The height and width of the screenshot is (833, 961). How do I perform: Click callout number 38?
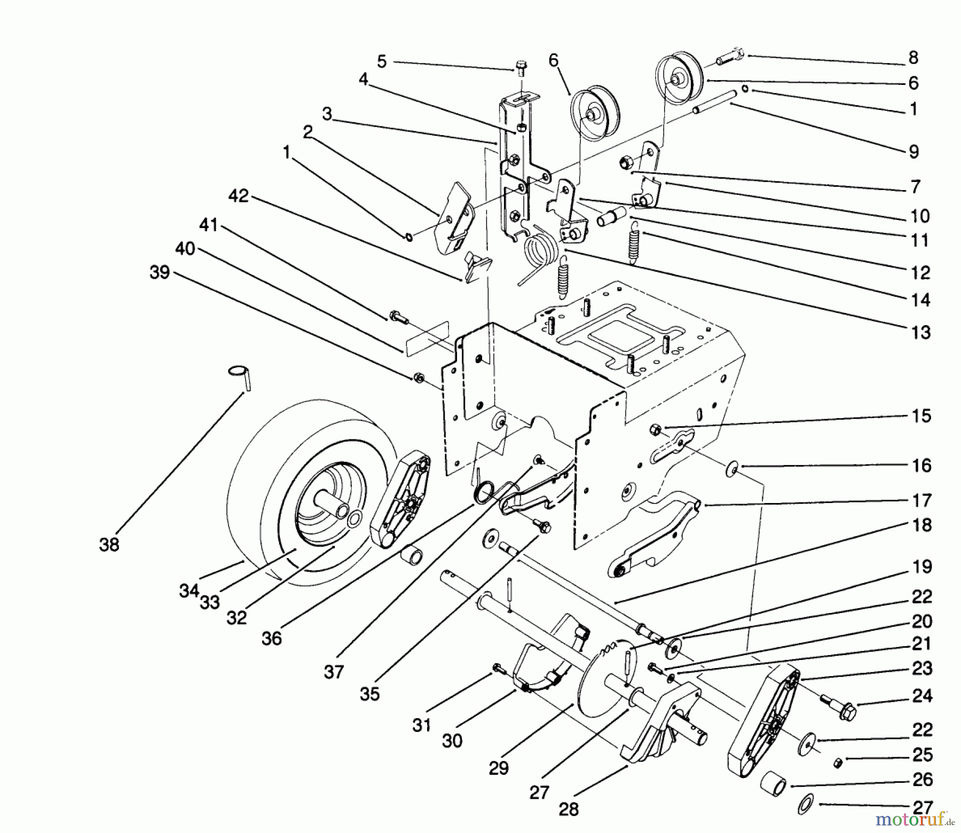click(109, 545)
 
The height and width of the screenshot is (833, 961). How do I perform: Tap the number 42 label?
click(238, 197)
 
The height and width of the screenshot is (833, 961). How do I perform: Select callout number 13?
click(920, 332)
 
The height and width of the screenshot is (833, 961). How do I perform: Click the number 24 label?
click(922, 696)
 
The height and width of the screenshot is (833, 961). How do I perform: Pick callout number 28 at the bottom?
click(569, 809)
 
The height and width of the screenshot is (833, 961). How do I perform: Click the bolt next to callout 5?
click(521, 69)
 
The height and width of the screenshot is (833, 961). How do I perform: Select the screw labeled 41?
click(398, 318)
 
